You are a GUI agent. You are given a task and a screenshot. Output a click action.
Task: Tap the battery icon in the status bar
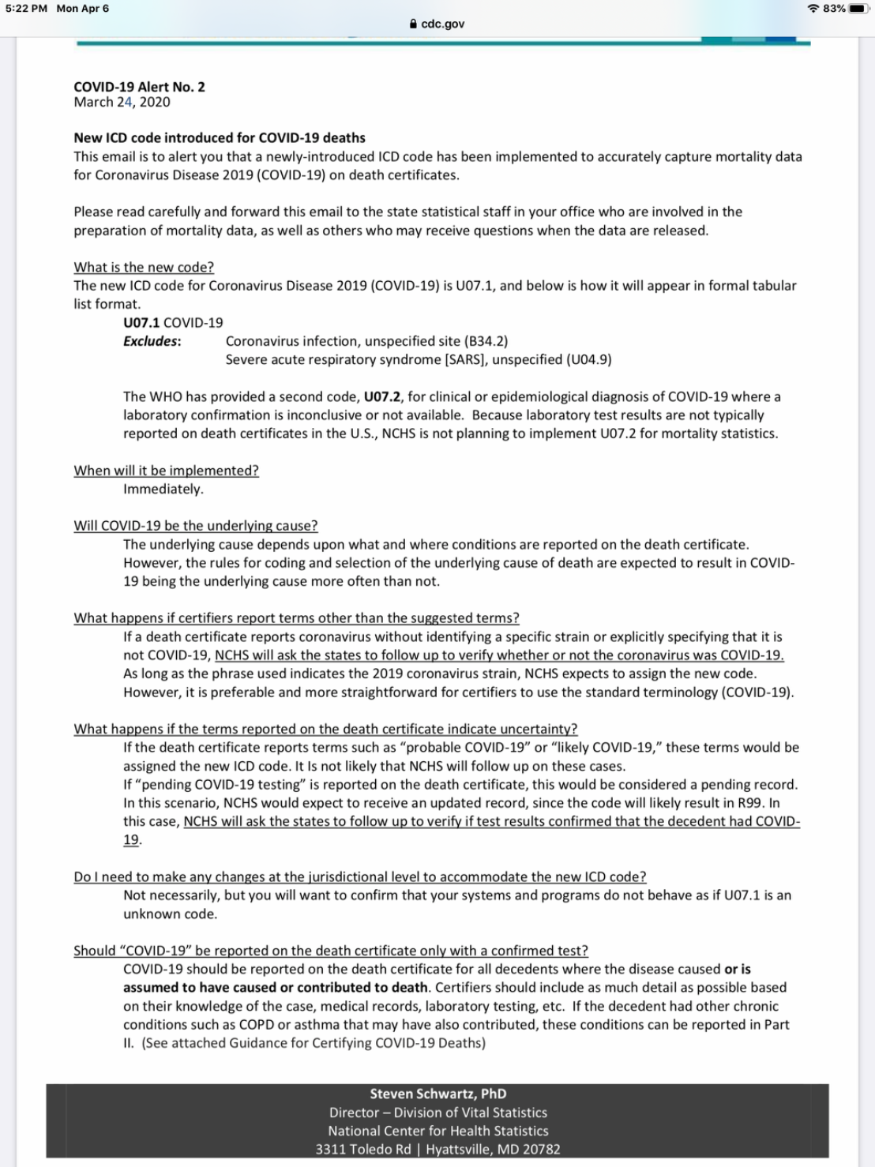(x=858, y=9)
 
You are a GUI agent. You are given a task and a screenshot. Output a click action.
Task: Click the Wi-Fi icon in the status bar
(x=813, y=9)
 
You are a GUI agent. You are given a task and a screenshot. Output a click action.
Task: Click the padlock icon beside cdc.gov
(x=413, y=24)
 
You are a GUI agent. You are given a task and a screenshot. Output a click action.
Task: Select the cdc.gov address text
(x=443, y=24)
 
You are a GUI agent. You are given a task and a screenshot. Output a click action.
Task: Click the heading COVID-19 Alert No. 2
(x=139, y=87)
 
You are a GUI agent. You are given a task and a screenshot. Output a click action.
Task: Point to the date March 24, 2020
(x=122, y=102)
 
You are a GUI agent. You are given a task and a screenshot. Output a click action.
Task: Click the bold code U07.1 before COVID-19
(x=141, y=323)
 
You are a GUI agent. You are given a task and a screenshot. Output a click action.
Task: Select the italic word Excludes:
(x=152, y=341)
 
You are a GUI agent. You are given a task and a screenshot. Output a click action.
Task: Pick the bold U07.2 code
(x=382, y=396)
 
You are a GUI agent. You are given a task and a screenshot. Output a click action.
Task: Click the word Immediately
(x=163, y=490)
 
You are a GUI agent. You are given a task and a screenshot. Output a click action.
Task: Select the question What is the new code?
(x=144, y=268)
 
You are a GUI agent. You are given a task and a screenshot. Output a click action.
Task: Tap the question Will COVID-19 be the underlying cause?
(x=196, y=526)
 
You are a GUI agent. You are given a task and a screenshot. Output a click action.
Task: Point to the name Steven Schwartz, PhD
(x=438, y=1094)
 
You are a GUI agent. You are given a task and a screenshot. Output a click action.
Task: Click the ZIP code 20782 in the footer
(x=541, y=1150)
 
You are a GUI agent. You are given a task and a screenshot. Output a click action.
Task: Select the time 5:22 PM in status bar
(x=26, y=9)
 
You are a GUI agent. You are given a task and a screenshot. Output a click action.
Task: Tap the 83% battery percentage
(x=834, y=9)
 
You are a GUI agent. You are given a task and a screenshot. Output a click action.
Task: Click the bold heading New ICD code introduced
(x=220, y=138)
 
